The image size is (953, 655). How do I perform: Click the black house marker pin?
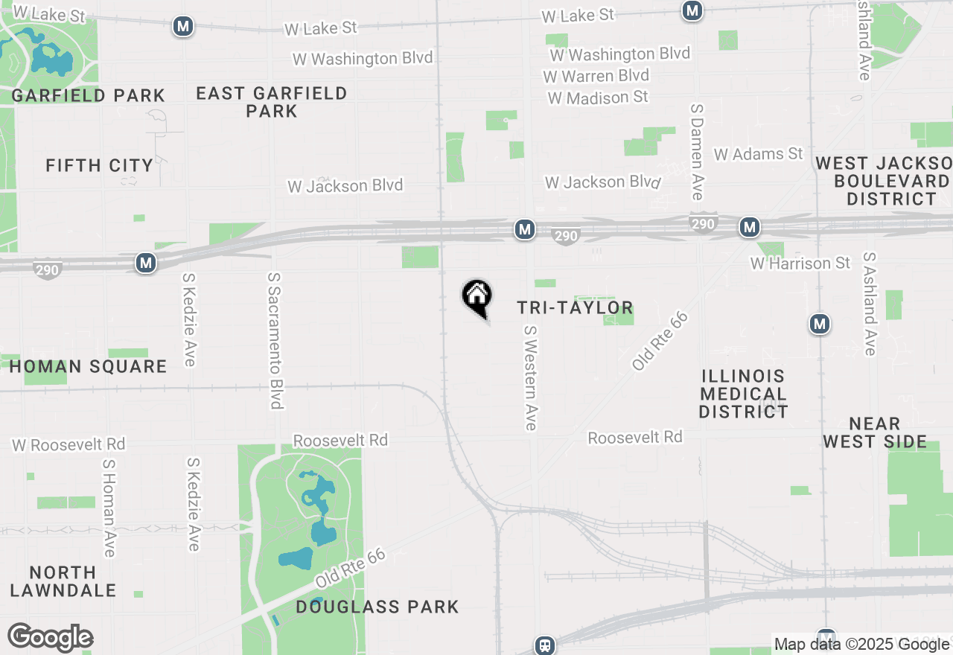[x=477, y=297]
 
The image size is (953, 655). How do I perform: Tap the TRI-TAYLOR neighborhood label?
[x=575, y=307]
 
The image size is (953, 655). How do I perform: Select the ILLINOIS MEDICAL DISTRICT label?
[x=743, y=394]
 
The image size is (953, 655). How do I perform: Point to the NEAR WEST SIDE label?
[x=875, y=432]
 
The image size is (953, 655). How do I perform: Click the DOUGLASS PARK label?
[x=377, y=607]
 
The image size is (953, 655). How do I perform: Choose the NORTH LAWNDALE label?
[x=63, y=581]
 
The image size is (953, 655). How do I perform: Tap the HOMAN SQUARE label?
[x=88, y=366]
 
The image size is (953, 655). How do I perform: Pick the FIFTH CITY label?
[x=99, y=165]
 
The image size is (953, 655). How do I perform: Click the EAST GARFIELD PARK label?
[x=272, y=102]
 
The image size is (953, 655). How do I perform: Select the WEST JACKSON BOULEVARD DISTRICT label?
[x=885, y=181]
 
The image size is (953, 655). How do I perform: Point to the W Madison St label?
[x=598, y=98]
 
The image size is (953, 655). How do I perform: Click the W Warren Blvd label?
[x=596, y=76]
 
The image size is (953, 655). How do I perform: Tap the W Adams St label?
[x=759, y=154]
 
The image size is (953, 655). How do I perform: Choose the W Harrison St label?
[x=800, y=263]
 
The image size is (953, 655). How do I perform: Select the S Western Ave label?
[x=530, y=377]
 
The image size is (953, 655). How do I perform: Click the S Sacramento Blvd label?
[x=275, y=339]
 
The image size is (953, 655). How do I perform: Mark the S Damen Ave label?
[x=697, y=151]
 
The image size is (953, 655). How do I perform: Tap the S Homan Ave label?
[x=109, y=508]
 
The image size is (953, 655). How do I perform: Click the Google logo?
[x=51, y=637]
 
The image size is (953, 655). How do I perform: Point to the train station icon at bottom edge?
[x=545, y=645]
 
